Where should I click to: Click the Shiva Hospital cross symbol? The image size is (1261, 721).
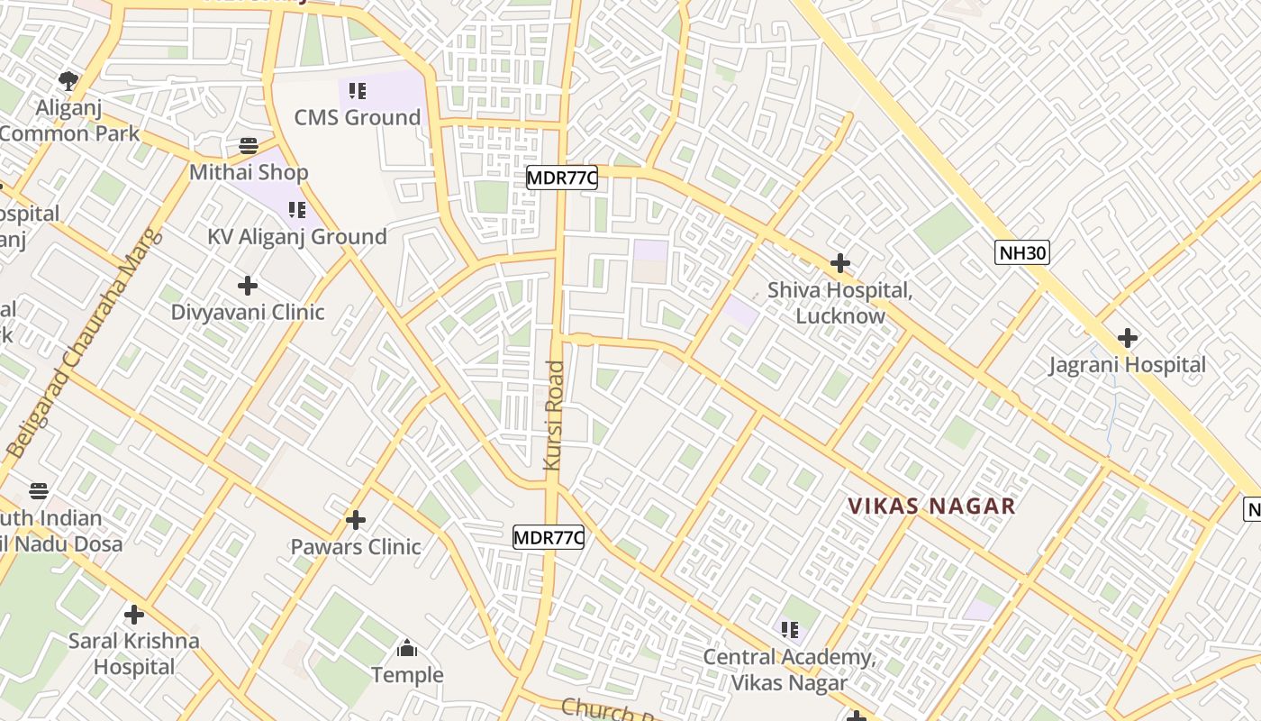pyautogui.click(x=840, y=263)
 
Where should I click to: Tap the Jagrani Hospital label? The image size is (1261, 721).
pyautogui.click(x=1127, y=365)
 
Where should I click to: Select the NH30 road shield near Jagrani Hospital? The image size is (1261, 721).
pyautogui.click(x=1022, y=252)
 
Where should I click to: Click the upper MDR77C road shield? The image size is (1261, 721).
pyautogui.click(x=561, y=178)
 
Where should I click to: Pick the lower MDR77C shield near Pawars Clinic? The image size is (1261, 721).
pyautogui.click(x=549, y=538)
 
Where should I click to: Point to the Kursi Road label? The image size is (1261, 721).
pyautogui.click(x=554, y=415)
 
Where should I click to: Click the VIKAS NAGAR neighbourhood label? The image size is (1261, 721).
pyautogui.click(x=932, y=507)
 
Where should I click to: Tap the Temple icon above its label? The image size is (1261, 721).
pyautogui.click(x=407, y=648)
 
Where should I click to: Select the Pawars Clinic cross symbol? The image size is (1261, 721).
pyautogui.click(x=356, y=520)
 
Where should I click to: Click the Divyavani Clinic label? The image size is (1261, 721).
pyautogui.click(x=248, y=313)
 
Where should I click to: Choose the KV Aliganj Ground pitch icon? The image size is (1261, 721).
pyautogui.click(x=296, y=210)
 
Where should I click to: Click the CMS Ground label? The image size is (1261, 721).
pyautogui.click(x=358, y=117)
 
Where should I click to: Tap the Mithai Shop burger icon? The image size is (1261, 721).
pyautogui.click(x=249, y=145)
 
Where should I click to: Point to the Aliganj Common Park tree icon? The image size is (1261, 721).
pyautogui.click(x=68, y=81)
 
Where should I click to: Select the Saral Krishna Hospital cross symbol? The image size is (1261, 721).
pyautogui.click(x=134, y=615)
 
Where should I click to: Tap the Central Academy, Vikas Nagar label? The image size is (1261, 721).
pyautogui.click(x=789, y=670)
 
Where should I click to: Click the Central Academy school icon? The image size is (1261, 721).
pyautogui.click(x=789, y=629)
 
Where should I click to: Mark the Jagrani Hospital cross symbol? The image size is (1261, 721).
pyautogui.click(x=1127, y=338)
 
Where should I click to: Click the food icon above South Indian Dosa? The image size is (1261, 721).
pyautogui.click(x=38, y=491)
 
